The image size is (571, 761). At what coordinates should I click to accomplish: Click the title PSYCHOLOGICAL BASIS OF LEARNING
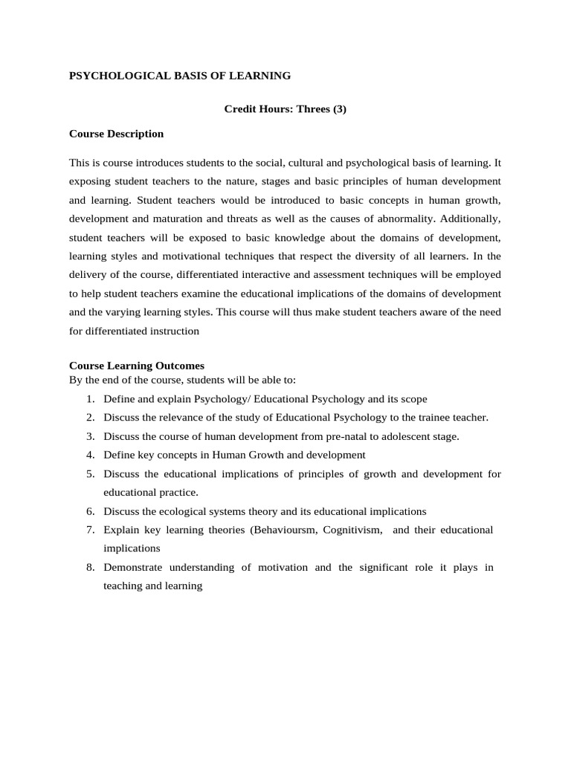180,75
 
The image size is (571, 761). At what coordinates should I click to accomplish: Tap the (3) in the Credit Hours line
335,109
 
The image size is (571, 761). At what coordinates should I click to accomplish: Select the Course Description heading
116,134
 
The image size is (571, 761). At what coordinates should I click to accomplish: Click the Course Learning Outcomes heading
136,366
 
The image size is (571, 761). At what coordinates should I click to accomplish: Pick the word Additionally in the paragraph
471,219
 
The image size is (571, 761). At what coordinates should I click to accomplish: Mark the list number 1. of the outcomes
90,399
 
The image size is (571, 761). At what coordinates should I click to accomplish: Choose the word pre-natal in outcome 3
334,436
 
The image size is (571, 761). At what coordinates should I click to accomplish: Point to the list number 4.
90,455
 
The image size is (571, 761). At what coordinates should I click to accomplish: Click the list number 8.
90,567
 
